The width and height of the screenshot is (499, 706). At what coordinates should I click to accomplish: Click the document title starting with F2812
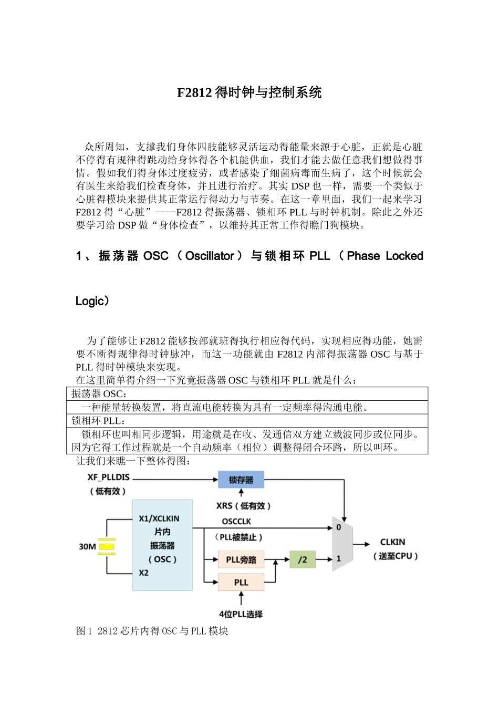[x=249, y=93]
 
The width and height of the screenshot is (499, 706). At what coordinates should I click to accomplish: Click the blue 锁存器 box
[x=241, y=480]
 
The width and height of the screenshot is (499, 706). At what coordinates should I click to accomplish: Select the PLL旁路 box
[x=241, y=559]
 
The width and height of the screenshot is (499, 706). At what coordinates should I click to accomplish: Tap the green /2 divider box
[x=303, y=559]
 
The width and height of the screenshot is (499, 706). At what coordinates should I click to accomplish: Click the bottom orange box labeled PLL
[x=241, y=582]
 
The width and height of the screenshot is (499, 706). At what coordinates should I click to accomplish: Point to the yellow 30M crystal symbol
[x=107, y=546]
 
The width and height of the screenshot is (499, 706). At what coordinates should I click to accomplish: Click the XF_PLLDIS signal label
[x=109, y=477]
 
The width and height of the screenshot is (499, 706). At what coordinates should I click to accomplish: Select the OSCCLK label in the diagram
[x=237, y=521]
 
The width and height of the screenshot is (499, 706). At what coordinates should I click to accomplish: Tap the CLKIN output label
[x=392, y=542]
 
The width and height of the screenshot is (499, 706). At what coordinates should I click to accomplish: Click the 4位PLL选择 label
[x=241, y=614]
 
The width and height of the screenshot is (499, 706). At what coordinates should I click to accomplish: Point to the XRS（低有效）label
[x=244, y=506]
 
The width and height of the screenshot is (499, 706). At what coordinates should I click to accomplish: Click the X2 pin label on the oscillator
[x=144, y=573]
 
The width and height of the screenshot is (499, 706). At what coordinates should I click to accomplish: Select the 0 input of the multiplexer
[x=339, y=527]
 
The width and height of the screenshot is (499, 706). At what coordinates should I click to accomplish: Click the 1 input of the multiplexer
[x=339, y=558]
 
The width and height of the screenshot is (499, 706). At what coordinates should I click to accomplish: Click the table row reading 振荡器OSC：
[x=99, y=394]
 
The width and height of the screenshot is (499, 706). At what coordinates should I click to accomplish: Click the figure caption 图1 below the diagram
[x=152, y=631]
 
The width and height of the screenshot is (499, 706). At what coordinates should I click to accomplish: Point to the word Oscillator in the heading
[x=210, y=256]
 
